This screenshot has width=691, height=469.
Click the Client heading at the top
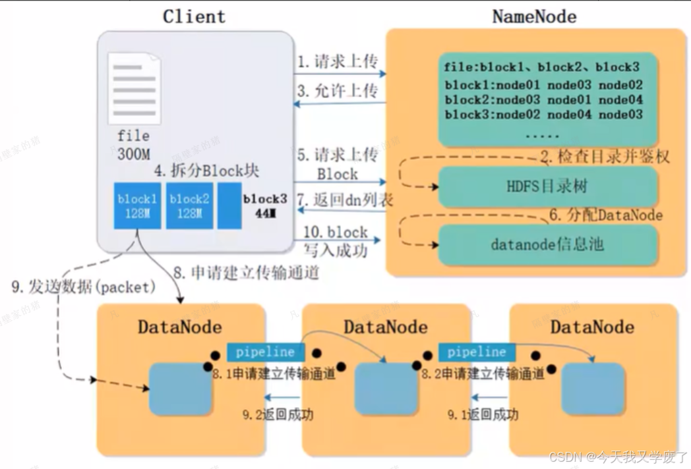pyautogui.click(x=194, y=16)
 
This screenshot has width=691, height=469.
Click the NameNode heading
pyautogui.click(x=534, y=16)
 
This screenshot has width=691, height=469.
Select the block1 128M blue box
pyautogui.click(x=137, y=206)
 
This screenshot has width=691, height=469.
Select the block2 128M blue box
pyautogui.click(x=189, y=206)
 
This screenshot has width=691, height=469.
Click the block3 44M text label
pyautogui.click(x=264, y=206)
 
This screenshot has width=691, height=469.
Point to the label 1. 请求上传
pyautogui.click(x=337, y=63)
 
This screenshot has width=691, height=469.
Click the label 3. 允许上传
pyautogui.click(x=337, y=91)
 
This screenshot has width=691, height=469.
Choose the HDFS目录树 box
pyautogui.click(x=548, y=186)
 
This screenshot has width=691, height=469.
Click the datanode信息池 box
pyautogui.click(x=548, y=244)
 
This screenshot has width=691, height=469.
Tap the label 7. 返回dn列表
pyautogui.click(x=345, y=200)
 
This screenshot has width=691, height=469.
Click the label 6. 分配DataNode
pyautogui.click(x=606, y=215)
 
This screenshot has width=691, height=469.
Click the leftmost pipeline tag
pyautogui.click(x=266, y=352)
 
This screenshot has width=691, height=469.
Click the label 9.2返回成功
pyautogui.click(x=288, y=414)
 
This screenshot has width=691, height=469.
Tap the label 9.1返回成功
pyautogui.click(x=483, y=414)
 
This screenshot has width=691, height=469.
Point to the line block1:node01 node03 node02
pyautogui.click(x=543, y=85)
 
